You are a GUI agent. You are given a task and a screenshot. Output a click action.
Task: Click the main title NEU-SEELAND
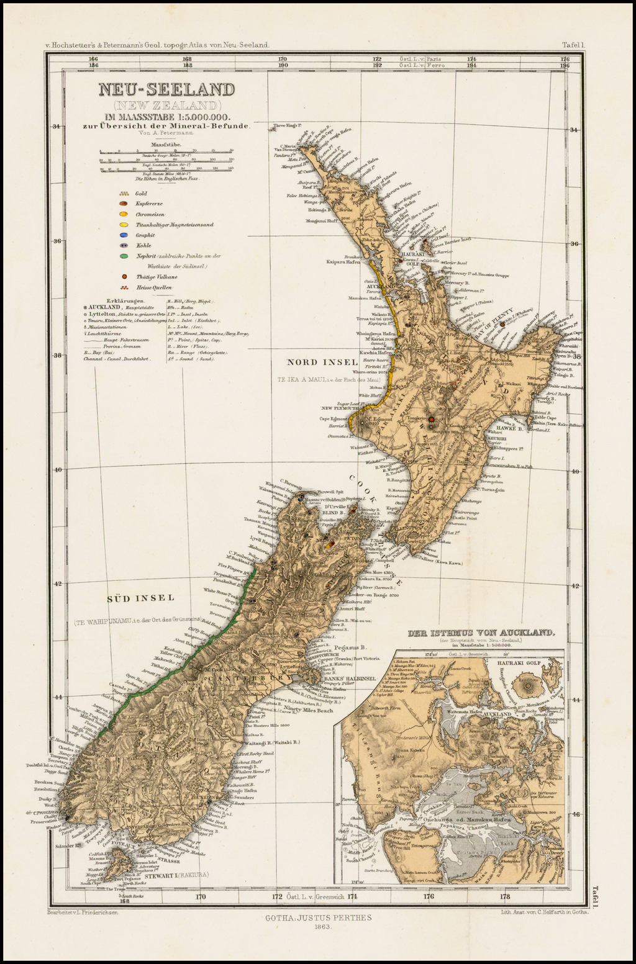point(167,89)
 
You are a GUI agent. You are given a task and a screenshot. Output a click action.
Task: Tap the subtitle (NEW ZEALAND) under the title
point(167,105)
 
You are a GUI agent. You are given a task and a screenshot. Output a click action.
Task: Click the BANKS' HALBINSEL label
point(350,678)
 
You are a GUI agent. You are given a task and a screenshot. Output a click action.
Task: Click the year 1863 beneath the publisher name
point(318,926)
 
